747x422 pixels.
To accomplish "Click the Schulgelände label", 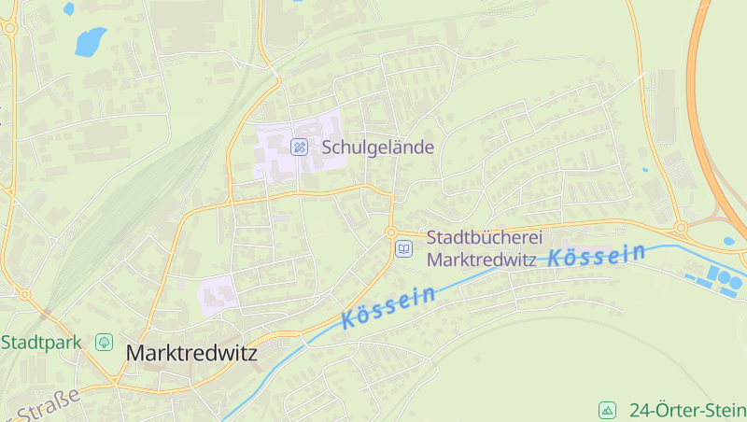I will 378,147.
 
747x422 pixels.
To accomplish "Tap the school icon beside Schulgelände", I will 299,147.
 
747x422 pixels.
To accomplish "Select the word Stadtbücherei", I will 485,238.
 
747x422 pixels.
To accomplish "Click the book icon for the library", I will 403,248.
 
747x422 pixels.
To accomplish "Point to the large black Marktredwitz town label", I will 191,354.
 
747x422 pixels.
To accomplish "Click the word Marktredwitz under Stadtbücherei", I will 482,260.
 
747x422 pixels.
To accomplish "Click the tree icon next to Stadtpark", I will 103,343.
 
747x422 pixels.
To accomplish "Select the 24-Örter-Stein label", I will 687,410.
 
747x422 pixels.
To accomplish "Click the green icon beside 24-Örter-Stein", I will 608,410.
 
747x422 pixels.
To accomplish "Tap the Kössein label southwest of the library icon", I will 388,307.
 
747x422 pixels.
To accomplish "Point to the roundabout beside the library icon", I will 391,232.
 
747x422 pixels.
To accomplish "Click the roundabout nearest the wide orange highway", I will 681,227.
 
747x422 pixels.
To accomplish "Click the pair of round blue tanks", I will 722,277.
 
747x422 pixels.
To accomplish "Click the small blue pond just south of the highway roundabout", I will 728,241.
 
